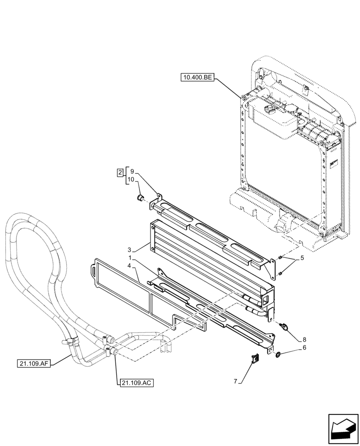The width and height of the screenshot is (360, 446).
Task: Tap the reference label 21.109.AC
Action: (x=136, y=382)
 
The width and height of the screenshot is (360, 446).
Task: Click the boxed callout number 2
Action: (x=120, y=172)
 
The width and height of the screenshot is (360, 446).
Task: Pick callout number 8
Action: (x=304, y=339)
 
